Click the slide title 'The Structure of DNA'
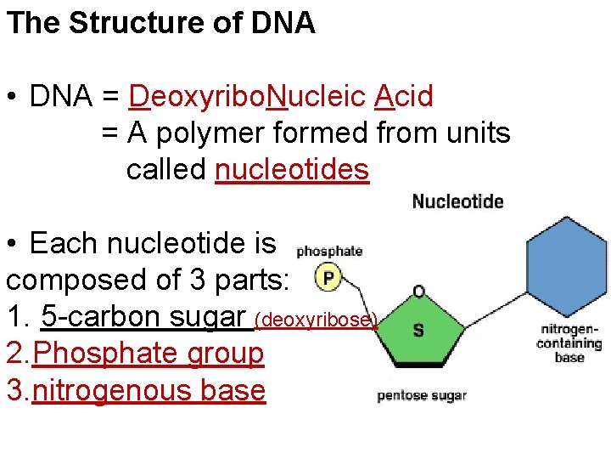click(x=160, y=23)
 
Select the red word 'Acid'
click(x=403, y=97)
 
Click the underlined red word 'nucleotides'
click(x=292, y=170)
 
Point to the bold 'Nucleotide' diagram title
click(x=457, y=201)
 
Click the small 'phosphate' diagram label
click(x=329, y=251)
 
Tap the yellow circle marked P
click(x=328, y=276)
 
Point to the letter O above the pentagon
click(x=418, y=292)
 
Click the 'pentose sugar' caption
click(x=422, y=395)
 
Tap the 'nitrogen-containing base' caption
click(x=569, y=343)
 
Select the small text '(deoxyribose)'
click(x=316, y=320)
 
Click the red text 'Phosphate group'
click(x=148, y=353)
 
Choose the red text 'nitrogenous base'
click(x=149, y=390)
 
